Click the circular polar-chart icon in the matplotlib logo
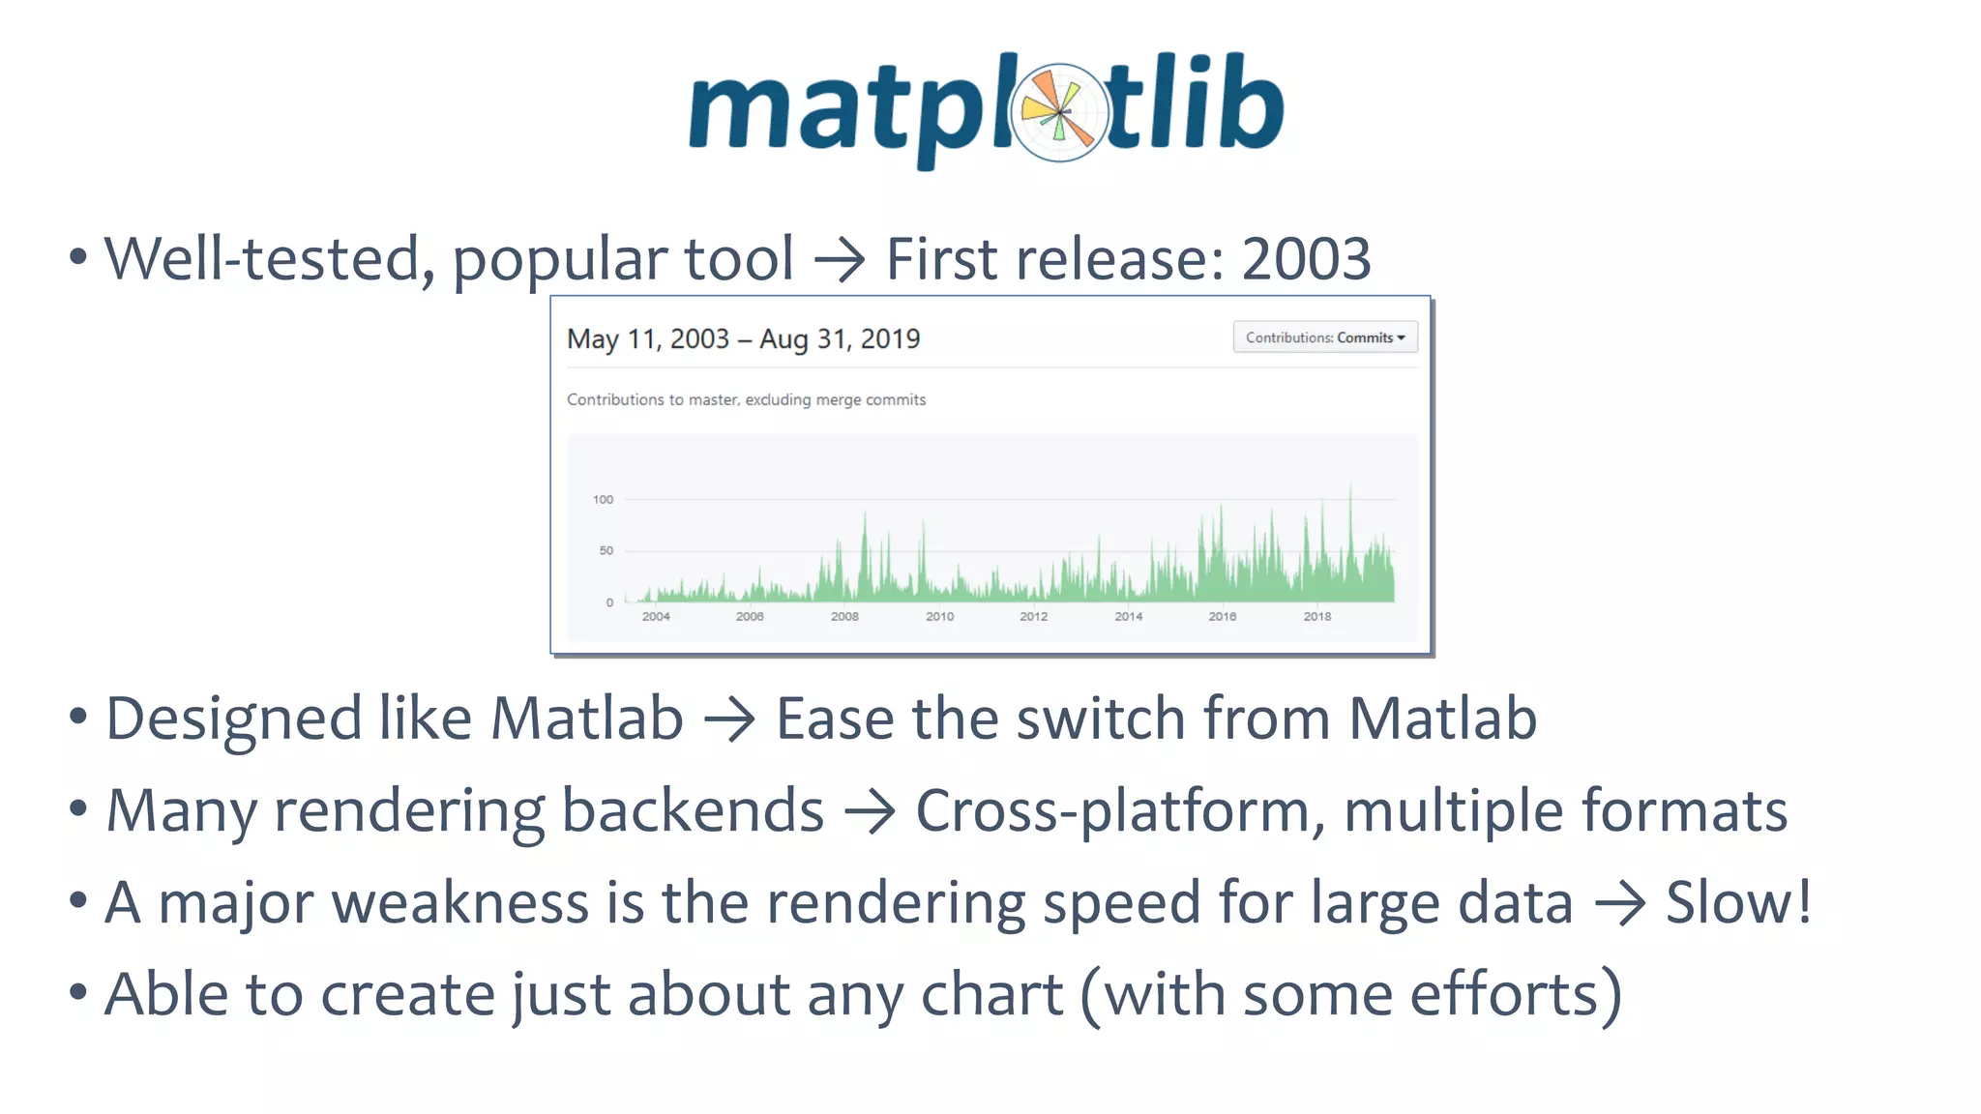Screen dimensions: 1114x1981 coord(1060,112)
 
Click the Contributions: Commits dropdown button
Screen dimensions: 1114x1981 coord(1324,337)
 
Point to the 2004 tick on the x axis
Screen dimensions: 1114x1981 coord(656,616)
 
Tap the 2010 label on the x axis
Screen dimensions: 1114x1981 coord(939,616)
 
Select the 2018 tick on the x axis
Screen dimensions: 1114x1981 coord(1316,616)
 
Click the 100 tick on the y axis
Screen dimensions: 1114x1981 coord(603,500)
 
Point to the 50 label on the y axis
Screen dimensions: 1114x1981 coord(606,551)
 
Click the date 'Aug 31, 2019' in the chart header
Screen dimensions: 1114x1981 coord(840,339)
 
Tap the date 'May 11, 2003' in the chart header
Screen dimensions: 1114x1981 coord(647,339)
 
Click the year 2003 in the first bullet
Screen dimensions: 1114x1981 coord(1306,259)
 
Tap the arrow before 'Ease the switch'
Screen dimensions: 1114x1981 coord(729,720)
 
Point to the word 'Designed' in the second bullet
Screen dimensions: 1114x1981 coord(233,720)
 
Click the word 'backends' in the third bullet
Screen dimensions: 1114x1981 coord(693,810)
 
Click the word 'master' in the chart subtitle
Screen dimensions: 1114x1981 coord(711,400)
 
